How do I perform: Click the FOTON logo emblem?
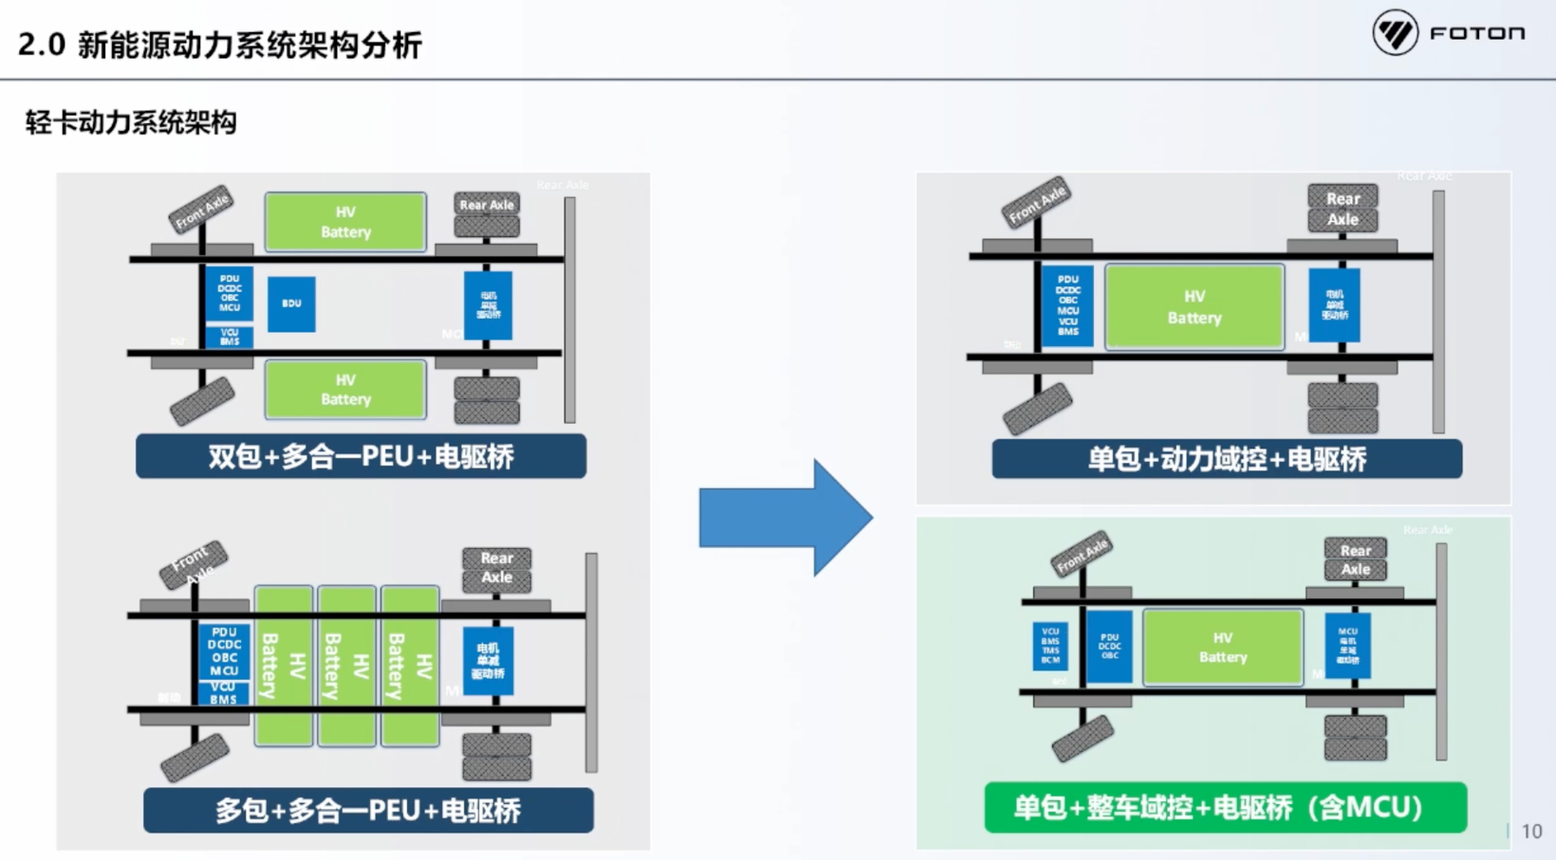(x=1395, y=33)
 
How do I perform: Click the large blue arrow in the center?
(x=784, y=518)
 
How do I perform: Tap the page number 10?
(x=1531, y=832)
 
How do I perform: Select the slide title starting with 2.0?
(x=219, y=45)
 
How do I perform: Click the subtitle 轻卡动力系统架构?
(x=131, y=122)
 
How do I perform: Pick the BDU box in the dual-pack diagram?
(x=291, y=304)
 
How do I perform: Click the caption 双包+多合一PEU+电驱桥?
(x=361, y=457)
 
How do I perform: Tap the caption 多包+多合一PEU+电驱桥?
(x=368, y=811)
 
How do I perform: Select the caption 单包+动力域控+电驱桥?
(x=1227, y=460)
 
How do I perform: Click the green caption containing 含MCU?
(x=1225, y=808)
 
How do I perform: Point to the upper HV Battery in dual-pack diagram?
(x=345, y=222)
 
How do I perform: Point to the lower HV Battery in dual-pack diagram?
(x=345, y=390)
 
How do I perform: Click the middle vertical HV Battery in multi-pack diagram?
(x=346, y=666)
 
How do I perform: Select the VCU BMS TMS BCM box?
(x=1050, y=646)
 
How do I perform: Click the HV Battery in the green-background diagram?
(x=1223, y=648)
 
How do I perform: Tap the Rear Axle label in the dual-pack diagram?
(x=487, y=205)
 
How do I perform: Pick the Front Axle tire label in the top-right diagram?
(x=1037, y=202)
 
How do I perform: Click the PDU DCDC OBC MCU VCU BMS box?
(x=1068, y=305)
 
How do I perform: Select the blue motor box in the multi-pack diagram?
(x=488, y=661)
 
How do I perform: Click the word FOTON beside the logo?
(x=1477, y=34)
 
